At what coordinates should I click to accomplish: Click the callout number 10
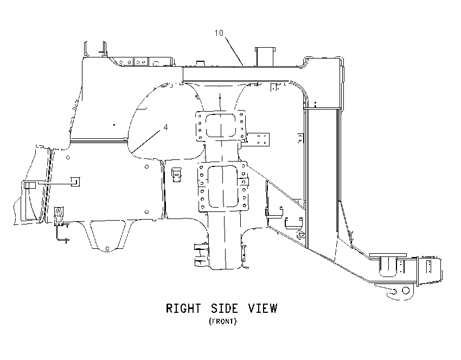(219, 33)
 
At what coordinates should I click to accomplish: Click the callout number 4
(166, 127)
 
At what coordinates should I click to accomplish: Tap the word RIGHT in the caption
(183, 308)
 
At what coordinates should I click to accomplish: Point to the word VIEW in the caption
(262, 308)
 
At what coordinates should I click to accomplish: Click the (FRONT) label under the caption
(222, 321)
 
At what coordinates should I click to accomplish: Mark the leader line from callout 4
(146, 142)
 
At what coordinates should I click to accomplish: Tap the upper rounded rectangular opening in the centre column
(221, 126)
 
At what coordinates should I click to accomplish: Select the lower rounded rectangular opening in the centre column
(223, 187)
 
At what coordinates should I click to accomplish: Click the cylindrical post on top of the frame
(265, 56)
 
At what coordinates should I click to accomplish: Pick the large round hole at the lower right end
(406, 291)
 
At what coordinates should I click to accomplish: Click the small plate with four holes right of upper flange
(258, 139)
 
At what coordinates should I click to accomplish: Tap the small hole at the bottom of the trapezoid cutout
(107, 249)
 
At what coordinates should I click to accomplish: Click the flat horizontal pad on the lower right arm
(388, 255)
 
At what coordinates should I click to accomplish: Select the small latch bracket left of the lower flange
(177, 175)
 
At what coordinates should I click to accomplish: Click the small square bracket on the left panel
(75, 181)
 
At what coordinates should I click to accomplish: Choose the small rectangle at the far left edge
(30, 185)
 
